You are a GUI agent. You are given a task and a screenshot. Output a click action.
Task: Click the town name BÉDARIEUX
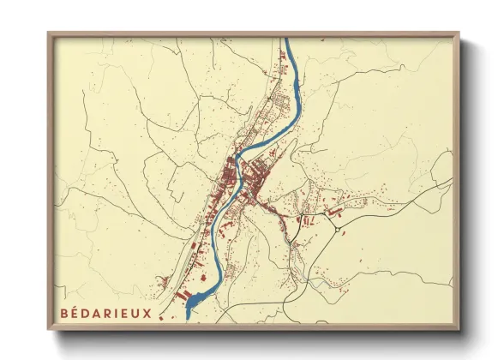pyautogui.click(x=106, y=313)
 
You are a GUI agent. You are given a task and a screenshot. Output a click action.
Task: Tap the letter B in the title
pyautogui.click(x=66, y=313)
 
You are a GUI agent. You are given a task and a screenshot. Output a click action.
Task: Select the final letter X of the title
pyautogui.click(x=147, y=313)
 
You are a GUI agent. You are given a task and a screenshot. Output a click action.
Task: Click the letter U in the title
pyautogui.click(x=136, y=313)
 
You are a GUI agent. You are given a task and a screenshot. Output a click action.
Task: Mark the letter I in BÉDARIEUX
pyautogui.click(x=117, y=313)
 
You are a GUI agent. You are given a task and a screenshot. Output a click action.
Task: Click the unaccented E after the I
pyautogui.click(x=125, y=313)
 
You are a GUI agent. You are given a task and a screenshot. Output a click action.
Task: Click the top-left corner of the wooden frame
pyautogui.click(x=48, y=33)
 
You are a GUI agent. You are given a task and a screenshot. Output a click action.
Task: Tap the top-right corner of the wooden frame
pyautogui.click(x=459, y=33)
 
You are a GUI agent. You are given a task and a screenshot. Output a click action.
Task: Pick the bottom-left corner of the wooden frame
pyautogui.click(x=48, y=329)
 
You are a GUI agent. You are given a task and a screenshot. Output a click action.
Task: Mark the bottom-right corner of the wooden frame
pyautogui.click(x=459, y=329)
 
